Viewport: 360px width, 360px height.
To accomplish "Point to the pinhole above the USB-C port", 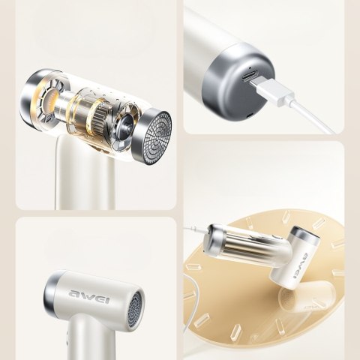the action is (250, 67).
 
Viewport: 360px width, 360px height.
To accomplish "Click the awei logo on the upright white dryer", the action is (89, 296).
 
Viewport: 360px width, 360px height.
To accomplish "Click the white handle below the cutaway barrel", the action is (85, 175).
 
